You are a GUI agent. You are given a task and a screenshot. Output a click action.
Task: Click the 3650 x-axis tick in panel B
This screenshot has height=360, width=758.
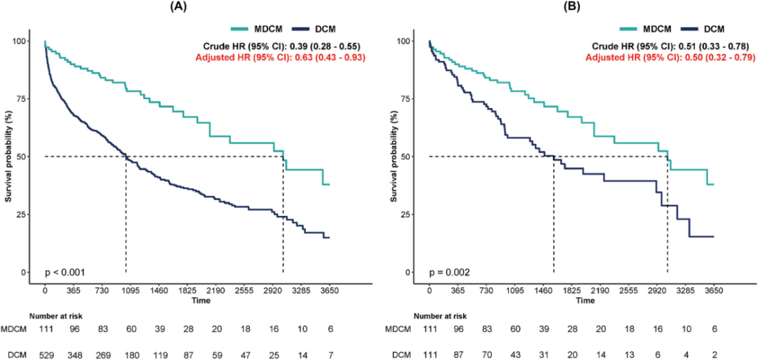click(713, 288)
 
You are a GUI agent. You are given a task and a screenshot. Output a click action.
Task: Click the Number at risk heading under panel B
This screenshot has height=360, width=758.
click(440, 316)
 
